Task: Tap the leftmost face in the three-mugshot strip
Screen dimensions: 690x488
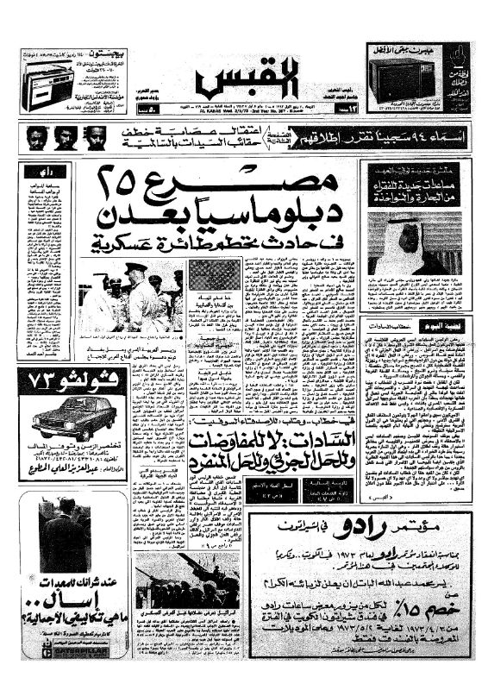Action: coord(36,137)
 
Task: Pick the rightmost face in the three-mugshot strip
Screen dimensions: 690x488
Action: coord(97,137)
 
